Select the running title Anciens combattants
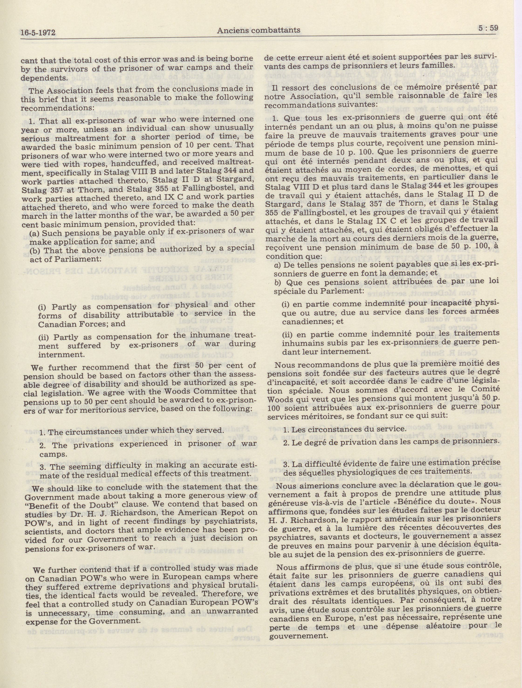(x=259, y=30)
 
